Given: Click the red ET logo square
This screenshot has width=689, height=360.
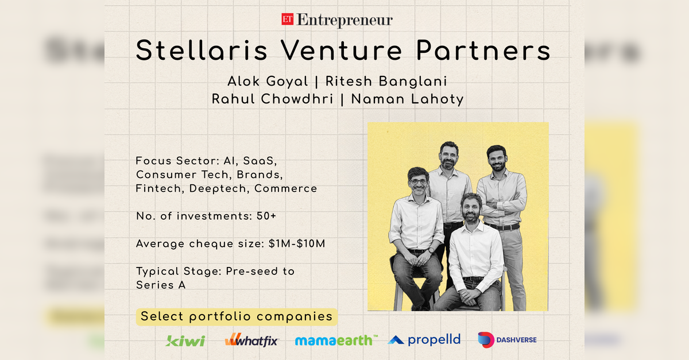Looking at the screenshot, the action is [287, 20].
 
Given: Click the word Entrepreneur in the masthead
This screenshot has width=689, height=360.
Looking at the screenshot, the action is [344, 21].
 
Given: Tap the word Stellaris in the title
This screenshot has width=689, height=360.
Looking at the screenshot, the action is [202, 51].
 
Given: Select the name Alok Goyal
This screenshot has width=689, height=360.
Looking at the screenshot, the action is [268, 82].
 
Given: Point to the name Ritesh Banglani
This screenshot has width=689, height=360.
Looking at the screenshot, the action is [386, 81].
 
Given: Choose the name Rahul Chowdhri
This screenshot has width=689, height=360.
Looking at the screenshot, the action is [273, 99].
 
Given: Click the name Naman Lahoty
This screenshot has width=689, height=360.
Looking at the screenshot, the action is [408, 99].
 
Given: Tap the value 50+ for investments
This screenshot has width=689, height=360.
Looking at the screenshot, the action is [266, 216].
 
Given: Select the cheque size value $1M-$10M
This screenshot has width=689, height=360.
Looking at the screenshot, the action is [297, 243].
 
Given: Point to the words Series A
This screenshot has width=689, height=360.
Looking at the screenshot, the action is [161, 285].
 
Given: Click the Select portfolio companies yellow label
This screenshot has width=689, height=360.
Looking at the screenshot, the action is [237, 317].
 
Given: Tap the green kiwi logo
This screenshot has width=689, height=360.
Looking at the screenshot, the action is [185, 340].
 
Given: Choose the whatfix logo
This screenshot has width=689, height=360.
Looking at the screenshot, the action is [251, 340].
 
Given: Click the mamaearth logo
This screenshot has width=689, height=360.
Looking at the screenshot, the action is [336, 340].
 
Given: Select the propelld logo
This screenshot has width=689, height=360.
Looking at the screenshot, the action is [424, 340].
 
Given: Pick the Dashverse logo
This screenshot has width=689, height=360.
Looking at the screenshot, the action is [507, 340].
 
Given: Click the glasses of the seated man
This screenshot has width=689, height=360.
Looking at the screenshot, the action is [419, 181].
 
